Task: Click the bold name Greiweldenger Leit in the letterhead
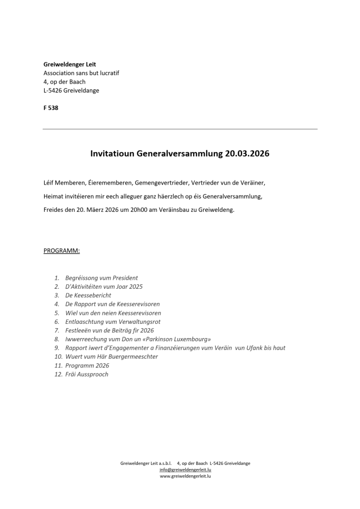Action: point(69,64)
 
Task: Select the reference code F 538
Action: point(51,108)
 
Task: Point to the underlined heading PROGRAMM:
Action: point(62,251)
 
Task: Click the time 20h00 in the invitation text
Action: point(142,210)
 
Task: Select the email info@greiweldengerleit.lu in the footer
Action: point(185,470)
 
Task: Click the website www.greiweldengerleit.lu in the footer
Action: point(185,476)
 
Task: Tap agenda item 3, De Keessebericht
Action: point(88,295)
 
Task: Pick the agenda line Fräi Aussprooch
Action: point(87,374)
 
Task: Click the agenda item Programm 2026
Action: point(87,365)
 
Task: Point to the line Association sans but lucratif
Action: point(81,73)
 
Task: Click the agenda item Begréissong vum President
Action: point(102,278)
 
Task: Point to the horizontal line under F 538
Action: point(180,129)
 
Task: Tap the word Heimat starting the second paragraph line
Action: point(54,196)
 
